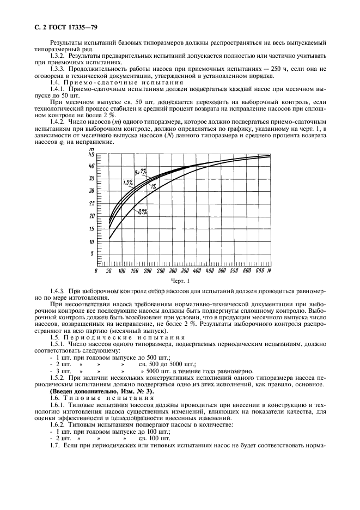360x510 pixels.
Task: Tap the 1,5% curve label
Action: pos(127,182)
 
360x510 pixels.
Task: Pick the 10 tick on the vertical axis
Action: pos(91,241)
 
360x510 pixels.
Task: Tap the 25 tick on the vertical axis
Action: pos(91,203)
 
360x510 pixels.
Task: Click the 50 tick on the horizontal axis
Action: pos(109,271)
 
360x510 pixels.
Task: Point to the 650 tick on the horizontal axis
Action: pos(260,271)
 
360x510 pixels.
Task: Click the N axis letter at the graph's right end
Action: pos(270,271)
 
